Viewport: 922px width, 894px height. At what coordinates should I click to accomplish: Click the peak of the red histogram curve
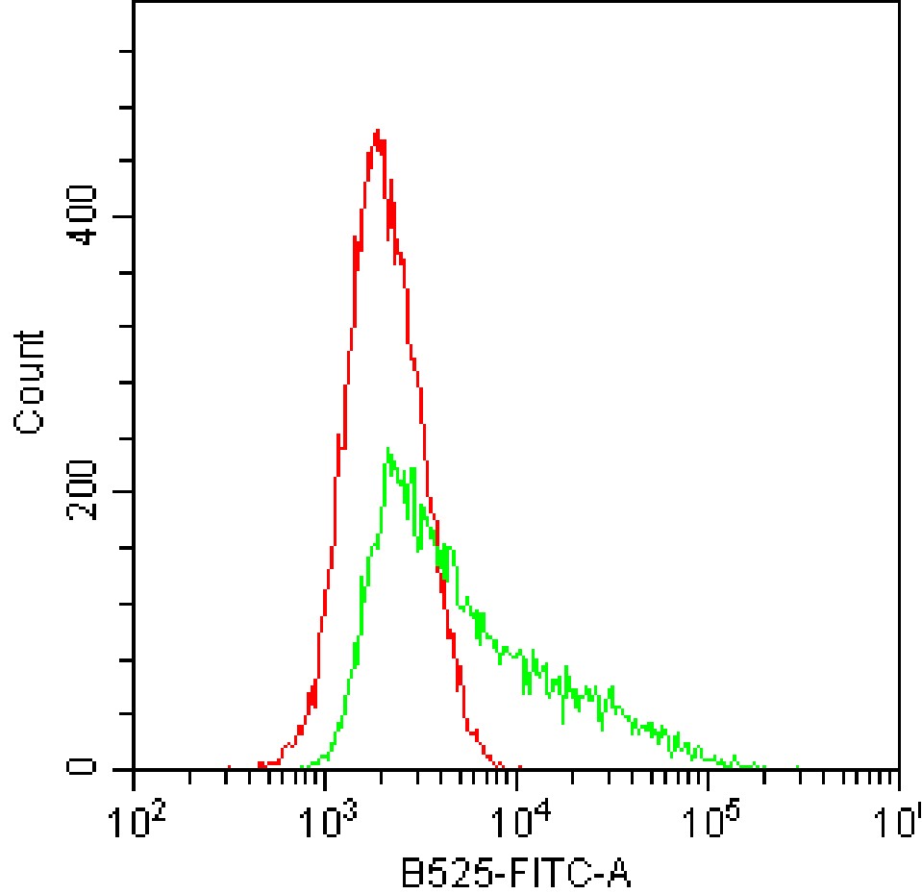(378, 131)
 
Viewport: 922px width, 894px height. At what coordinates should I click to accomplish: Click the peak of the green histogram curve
(387, 449)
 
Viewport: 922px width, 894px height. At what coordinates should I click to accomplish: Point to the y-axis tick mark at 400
(128, 216)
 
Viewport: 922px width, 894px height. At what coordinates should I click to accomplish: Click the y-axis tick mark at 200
(128, 492)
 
